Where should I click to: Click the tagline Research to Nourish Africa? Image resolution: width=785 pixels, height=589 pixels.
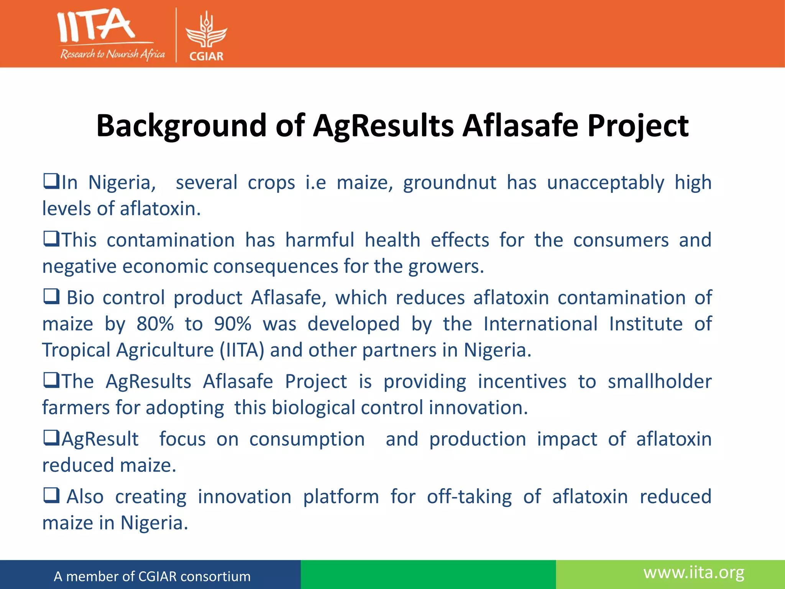(x=112, y=54)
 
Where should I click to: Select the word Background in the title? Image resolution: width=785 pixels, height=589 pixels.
(x=181, y=126)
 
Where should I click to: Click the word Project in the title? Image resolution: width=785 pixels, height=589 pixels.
(x=638, y=126)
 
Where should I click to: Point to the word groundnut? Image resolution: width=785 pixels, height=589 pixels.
(x=450, y=183)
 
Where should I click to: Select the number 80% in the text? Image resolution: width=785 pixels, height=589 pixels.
(x=155, y=324)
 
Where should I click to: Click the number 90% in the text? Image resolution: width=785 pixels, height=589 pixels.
(x=232, y=324)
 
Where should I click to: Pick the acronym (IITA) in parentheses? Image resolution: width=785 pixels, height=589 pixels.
(x=242, y=350)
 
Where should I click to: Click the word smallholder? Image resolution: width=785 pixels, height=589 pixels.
(x=659, y=382)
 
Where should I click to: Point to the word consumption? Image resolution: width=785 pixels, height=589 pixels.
(x=307, y=439)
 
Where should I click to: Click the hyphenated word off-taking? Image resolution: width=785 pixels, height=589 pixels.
(x=469, y=497)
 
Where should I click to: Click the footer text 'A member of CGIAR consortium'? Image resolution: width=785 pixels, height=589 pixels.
(x=152, y=576)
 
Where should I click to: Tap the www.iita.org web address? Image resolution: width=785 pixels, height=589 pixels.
(x=694, y=573)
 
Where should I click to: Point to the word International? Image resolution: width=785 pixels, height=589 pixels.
(x=540, y=324)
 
